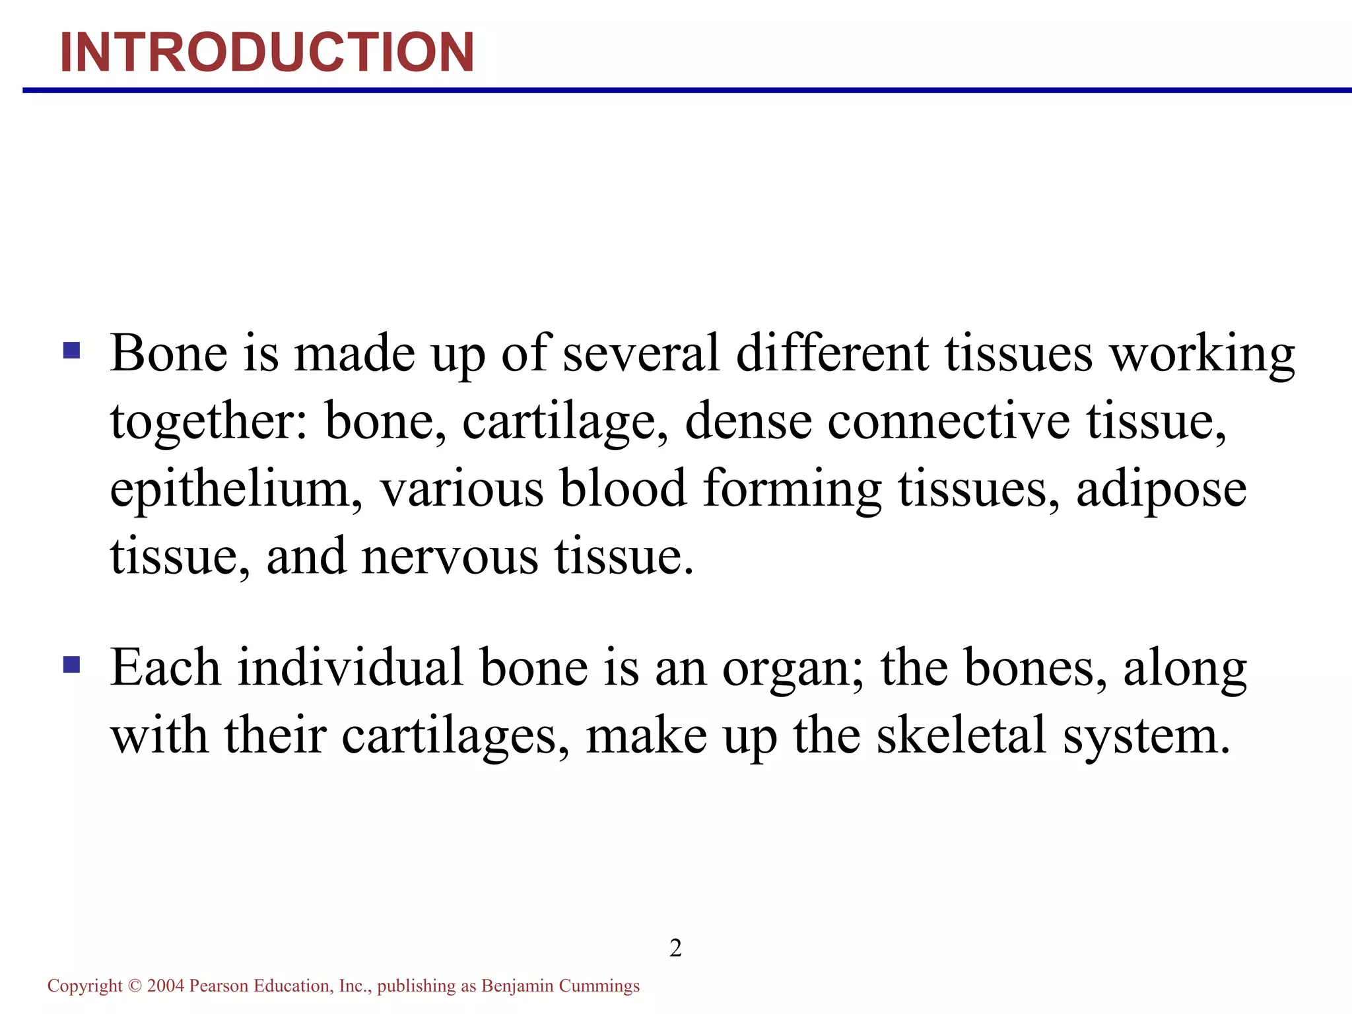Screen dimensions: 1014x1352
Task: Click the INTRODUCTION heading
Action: tap(267, 52)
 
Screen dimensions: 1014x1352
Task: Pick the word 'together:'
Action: tap(209, 422)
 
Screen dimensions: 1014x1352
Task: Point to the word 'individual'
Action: tap(350, 667)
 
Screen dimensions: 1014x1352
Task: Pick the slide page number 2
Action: tap(675, 948)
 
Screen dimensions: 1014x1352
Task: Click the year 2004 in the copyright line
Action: tap(165, 986)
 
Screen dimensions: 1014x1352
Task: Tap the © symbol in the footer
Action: tap(135, 986)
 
